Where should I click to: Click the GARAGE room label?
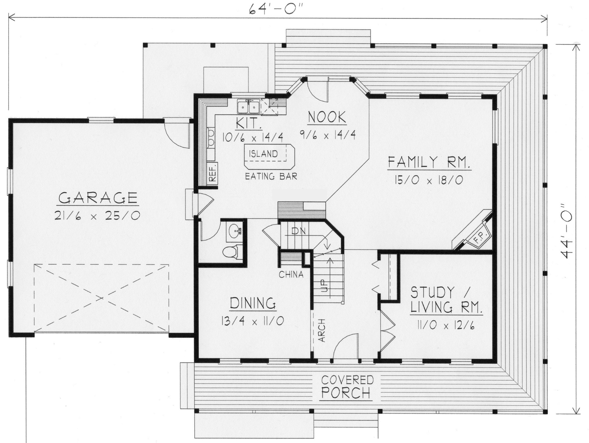[x=98, y=198]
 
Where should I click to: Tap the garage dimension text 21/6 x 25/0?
[x=97, y=215]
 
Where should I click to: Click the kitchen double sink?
[x=249, y=108]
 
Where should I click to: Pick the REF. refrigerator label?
[x=213, y=172]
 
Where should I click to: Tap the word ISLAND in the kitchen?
[x=263, y=154]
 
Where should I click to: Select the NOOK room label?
[x=327, y=117]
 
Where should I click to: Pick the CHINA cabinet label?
[x=291, y=274]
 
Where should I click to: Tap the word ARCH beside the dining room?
[x=322, y=330]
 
